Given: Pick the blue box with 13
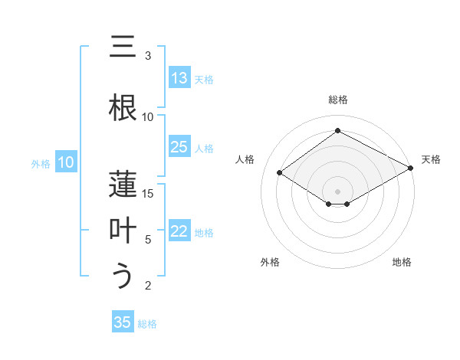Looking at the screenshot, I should [179, 78].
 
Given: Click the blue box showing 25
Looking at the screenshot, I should [179, 147].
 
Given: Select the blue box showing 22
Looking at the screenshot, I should [179, 232].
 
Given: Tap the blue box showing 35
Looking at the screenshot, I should [123, 322].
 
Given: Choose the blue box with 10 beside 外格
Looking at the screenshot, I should [66, 162].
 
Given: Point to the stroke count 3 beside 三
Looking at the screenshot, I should [148, 56].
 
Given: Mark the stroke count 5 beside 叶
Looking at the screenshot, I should [148, 240].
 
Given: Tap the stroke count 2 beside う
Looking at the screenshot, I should [148, 286].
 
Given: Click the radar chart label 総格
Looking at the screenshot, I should [337, 100].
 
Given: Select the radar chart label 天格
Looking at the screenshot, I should [431, 159].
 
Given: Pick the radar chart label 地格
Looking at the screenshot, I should [402, 262].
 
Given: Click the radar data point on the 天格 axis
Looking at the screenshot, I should [411, 169].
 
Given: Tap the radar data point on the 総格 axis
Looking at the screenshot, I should [337, 131].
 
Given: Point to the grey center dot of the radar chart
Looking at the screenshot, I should [337, 191].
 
